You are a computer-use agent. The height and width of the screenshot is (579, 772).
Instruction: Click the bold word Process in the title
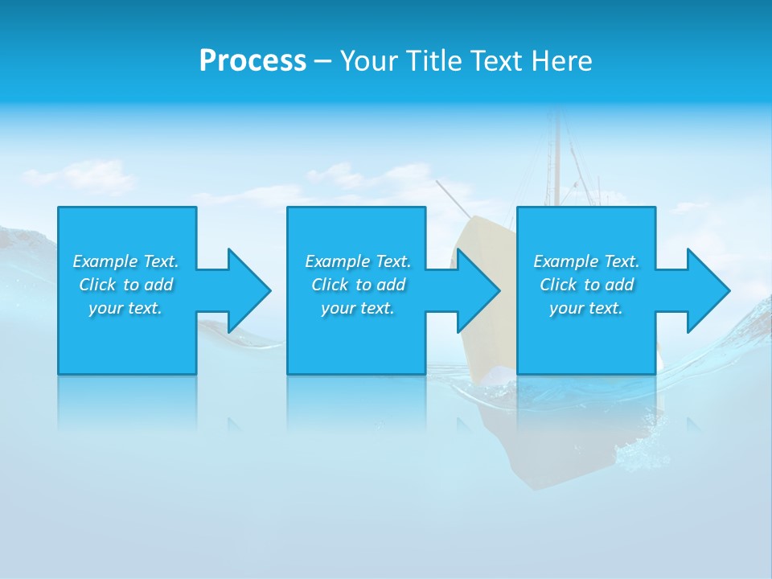click(x=253, y=61)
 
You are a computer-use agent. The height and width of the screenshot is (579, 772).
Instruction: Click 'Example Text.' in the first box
click(x=125, y=261)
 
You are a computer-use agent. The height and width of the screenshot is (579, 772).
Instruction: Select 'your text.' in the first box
click(x=125, y=308)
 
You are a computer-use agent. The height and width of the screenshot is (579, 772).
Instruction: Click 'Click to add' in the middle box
click(x=358, y=285)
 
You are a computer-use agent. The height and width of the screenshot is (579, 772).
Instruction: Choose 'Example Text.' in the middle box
click(x=358, y=261)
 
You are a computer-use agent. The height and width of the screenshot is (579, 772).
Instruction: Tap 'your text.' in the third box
click(x=586, y=308)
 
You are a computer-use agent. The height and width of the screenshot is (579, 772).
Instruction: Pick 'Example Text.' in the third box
click(x=586, y=261)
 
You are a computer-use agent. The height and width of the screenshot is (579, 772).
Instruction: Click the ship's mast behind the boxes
click(x=555, y=161)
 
